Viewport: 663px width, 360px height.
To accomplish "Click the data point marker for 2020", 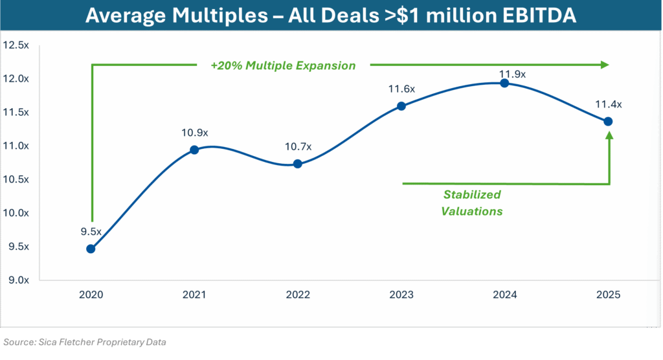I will (x=91, y=249).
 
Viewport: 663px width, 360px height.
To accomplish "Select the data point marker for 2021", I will (x=194, y=150).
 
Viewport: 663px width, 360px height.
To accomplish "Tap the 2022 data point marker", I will (x=297, y=164).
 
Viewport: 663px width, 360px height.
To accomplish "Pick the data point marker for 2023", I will (x=401, y=106).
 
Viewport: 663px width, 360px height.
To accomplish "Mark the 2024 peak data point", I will (x=504, y=83).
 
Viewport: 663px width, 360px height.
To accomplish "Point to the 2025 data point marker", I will (x=608, y=121).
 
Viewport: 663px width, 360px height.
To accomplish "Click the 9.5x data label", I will (x=91, y=232).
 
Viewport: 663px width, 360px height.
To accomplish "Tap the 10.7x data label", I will (x=298, y=147).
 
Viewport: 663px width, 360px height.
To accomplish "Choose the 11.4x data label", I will (x=609, y=104).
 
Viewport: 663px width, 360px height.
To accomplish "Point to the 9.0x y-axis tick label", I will (x=17, y=280).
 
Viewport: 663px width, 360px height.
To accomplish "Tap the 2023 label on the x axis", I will (x=401, y=295).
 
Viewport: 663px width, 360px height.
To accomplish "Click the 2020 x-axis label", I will (x=91, y=295).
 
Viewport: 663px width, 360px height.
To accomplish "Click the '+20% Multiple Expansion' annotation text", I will (x=283, y=65).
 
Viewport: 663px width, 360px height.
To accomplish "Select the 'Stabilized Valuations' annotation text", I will (x=472, y=203).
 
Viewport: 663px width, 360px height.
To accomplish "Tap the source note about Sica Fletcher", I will (x=84, y=341).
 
